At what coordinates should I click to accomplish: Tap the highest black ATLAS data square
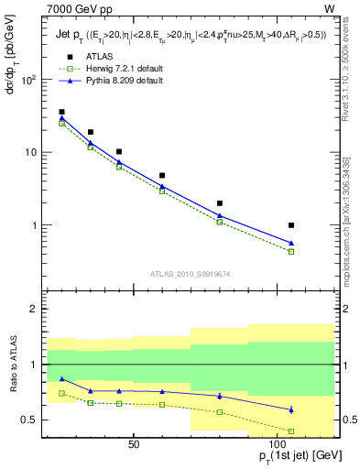(61, 112)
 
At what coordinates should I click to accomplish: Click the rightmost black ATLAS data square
(291, 224)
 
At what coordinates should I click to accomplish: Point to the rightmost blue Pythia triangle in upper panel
(291, 243)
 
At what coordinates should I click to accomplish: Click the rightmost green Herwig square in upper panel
(291, 251)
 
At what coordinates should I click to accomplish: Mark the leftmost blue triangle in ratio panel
(61, 378)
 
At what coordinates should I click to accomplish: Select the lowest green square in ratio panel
(291, 431)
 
